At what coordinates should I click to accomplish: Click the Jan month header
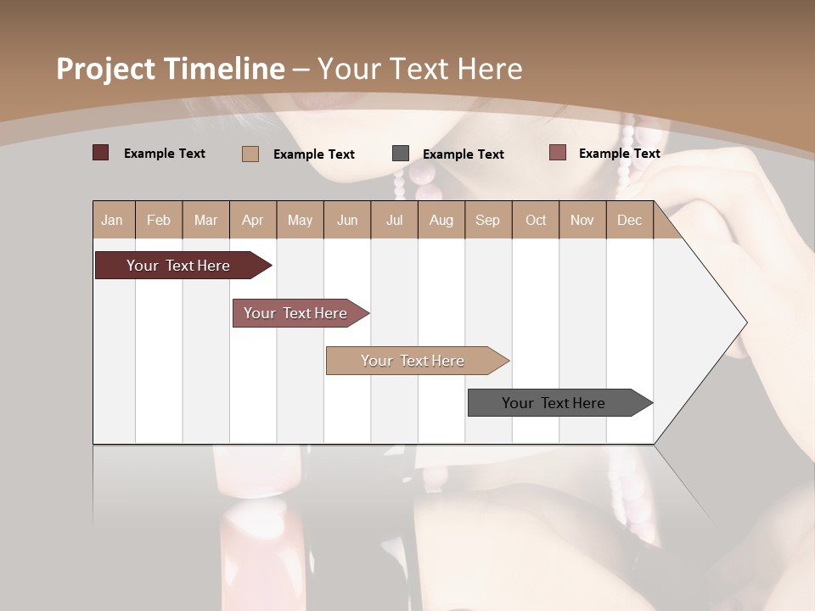click(112, 220)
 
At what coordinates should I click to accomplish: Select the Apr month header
click(252, 220)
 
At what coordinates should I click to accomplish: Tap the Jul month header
click(394, 220)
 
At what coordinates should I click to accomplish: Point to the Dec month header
click(629, 220)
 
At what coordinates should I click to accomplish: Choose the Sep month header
click(487, 220)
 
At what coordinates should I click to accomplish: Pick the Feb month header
click(159, 220)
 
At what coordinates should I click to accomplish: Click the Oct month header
click(536, 220)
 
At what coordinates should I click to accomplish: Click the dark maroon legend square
click(100, 153)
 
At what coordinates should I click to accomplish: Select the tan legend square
click(250, 154)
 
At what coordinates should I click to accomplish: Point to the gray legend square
click(401, 154)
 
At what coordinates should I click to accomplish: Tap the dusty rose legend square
click(558, 153)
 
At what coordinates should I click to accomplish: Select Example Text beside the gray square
click(464, 154)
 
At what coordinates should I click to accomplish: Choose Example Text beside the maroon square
click(165, 153)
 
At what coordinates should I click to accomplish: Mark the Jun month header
click(347, 220)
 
